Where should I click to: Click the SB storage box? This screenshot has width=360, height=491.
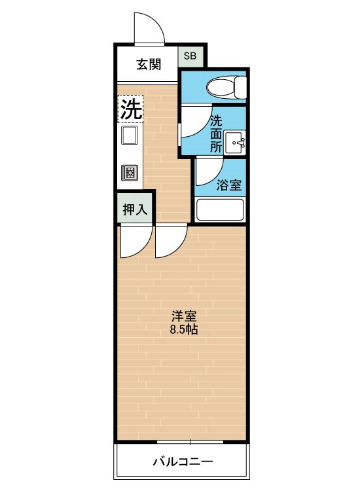point(190,56)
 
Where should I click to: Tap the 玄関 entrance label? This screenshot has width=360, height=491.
point(149,65)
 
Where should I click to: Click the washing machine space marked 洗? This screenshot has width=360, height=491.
point(130,109)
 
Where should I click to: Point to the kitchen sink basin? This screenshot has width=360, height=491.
point(130,136)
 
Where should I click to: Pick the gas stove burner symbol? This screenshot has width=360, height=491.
point(130,172)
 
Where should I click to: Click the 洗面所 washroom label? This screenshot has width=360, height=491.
point(216,134)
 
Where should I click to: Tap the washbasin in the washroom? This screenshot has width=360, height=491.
point(236,143)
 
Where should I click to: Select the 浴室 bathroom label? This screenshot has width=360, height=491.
point(229,185)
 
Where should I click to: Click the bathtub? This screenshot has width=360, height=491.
point(219,209)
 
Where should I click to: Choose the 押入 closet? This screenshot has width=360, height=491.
point(135,209)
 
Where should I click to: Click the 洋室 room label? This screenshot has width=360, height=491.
point(184,316)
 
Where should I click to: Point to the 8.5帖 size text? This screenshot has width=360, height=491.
point(184,329)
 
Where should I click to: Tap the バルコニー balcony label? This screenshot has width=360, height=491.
point(183,462)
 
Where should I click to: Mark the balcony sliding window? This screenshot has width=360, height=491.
point(190,442)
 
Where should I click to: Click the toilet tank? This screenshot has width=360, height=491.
point(241,87)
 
